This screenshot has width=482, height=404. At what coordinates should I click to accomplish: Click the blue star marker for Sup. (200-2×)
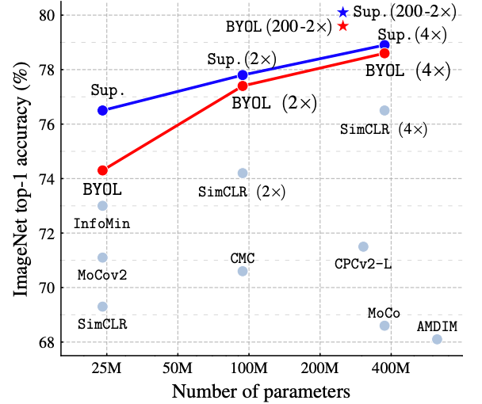point(342,12)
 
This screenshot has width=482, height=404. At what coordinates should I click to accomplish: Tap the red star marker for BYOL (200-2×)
point(342,26)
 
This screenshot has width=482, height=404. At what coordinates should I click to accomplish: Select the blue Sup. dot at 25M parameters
point(102,110)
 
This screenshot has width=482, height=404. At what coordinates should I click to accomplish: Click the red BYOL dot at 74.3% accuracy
point(102,170)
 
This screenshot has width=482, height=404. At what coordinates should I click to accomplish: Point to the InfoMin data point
point(102,206)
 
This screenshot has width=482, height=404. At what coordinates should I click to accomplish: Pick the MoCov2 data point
point(102,257)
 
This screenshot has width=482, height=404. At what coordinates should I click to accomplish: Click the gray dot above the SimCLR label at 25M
point(102,307)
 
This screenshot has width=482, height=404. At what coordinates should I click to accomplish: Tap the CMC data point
point(243,271)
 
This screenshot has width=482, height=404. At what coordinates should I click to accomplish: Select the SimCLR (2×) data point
point(243,173)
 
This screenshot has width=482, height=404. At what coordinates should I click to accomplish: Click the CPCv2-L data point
point(363,246)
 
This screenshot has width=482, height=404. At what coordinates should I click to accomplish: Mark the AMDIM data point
point(437,339)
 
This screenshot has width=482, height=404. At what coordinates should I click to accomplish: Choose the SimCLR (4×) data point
point(384,110)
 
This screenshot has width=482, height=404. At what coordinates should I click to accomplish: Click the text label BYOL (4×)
point(407,71)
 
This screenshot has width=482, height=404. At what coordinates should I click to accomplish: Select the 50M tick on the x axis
point(176,368)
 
